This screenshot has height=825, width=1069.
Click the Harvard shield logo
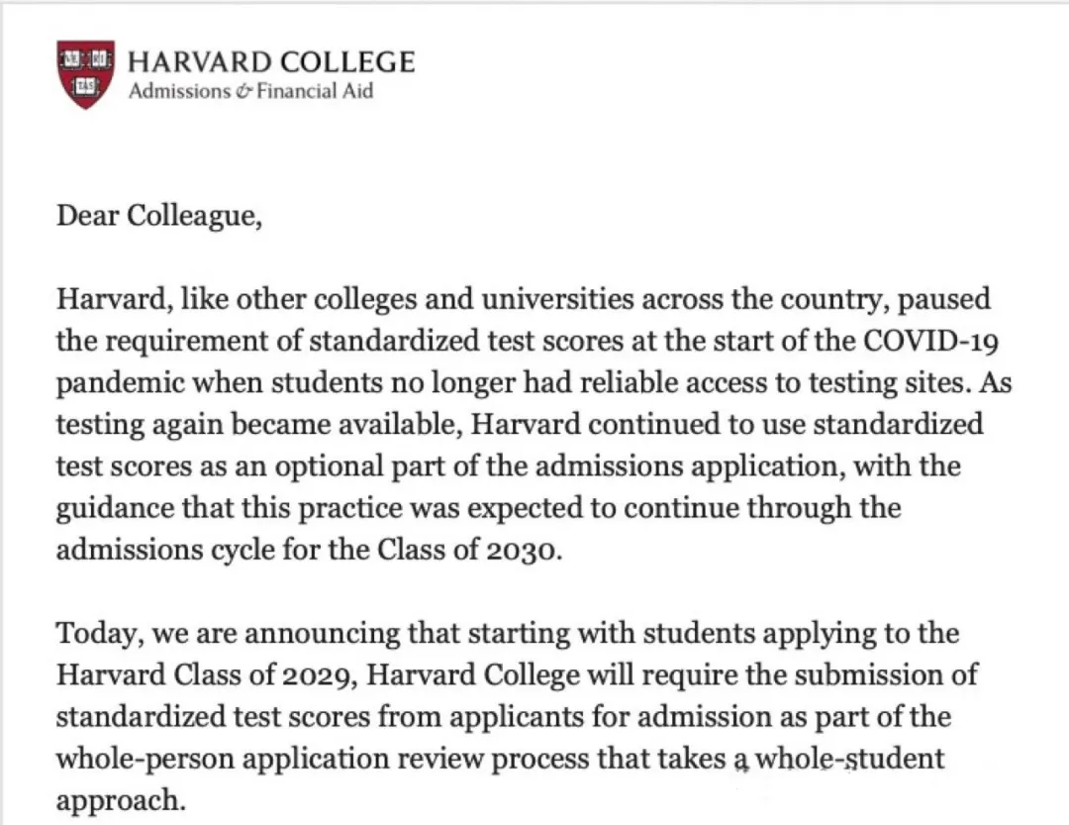[85, 74]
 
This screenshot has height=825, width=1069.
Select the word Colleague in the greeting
[194, 216]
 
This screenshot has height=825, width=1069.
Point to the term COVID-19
[927, 341]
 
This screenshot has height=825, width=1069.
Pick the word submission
[859, 675]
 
